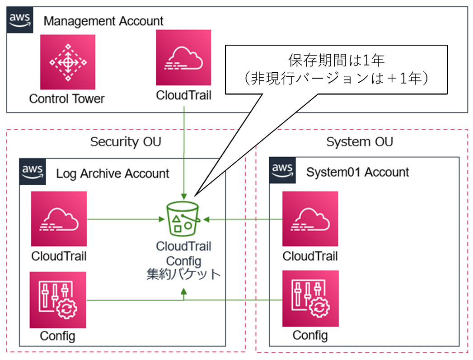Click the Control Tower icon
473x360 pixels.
pos(67,62)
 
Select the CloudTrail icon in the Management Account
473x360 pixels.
pos(183,58)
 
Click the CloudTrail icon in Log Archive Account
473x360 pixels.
pos(59,219)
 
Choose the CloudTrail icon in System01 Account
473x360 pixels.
pos(310,219)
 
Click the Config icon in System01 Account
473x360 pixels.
pos(310,299)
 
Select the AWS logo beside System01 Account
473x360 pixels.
pos(282,170)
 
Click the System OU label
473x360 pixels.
pos(359,141)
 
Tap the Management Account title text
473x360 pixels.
pos(103,21)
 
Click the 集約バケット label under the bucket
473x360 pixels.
pos(183,274)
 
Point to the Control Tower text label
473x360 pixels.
pos(67,98)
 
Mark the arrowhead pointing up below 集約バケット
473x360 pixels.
pos(183,293)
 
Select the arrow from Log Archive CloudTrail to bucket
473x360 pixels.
pos(124,219)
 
